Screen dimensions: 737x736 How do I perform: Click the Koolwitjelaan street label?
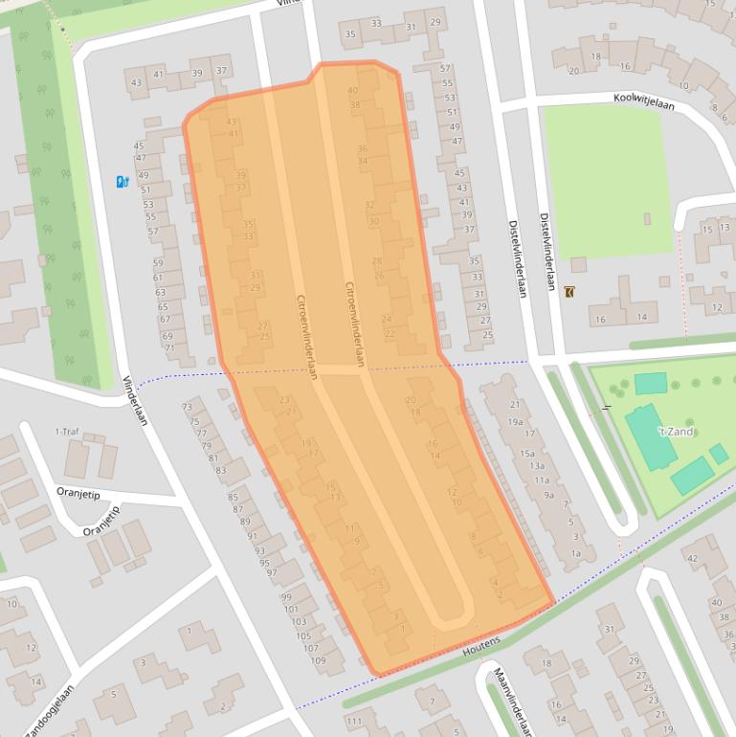[x=643, y=100]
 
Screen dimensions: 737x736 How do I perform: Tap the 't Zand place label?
[x=673, y=432]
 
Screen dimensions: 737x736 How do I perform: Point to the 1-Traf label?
[x=68, y=432]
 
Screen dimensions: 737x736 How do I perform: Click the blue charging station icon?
[x=122, y=181]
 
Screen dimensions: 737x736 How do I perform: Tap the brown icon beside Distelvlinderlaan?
[x=571, y=292]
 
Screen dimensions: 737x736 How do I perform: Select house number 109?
[x=319, y=661]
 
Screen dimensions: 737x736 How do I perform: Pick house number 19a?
[x=515, y=421]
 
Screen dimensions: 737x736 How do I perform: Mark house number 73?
[x=187, y=408]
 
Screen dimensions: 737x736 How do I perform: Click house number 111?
[x=355, y=721]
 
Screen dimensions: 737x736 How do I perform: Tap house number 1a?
[x=575, y=553]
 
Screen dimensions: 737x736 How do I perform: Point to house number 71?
[x=170, y=348]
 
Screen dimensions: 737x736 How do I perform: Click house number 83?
[x=220, y=470]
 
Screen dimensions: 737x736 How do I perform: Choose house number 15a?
[x=526, y=453]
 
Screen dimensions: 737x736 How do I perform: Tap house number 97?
[x=271, y=573]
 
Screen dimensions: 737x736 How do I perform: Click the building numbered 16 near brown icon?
[x=600, y=319]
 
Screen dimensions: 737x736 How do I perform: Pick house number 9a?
[x=549, y=495]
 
